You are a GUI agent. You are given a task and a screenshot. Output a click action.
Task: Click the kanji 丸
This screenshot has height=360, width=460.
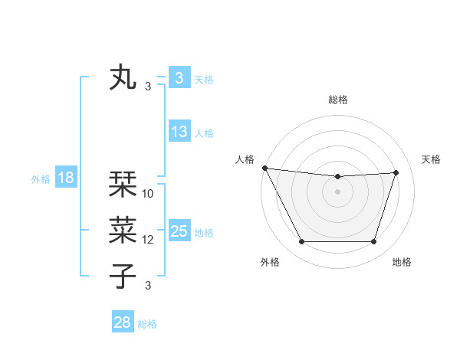click(x=123, y=78)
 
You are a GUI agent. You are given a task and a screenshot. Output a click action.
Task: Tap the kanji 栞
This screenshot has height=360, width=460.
click(x=123, y=185)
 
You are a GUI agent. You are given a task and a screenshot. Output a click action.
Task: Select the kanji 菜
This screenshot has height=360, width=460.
click(x=123, y=231)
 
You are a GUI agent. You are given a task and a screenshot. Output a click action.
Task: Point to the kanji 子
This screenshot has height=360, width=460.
click(x=123, y=277)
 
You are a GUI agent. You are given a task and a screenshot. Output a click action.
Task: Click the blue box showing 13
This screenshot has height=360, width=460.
click(x=179, y=132)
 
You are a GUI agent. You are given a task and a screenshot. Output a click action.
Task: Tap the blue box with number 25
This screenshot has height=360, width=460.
click(x=179, y=231)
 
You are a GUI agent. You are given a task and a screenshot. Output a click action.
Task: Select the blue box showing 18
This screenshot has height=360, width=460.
click(x=66, y=178)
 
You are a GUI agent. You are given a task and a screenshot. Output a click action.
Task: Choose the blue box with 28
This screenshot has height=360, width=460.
click(x=123, y=322)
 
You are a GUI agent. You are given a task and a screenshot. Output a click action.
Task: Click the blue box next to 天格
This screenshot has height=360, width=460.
click(x=179, y=78)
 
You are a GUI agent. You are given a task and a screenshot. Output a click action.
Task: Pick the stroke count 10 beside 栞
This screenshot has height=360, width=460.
click(x=148, y=194)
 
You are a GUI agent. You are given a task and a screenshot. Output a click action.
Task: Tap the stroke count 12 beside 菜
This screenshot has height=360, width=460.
click(x=148, y=240)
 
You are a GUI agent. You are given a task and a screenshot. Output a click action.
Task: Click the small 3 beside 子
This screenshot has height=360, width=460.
click(x=148, y=286)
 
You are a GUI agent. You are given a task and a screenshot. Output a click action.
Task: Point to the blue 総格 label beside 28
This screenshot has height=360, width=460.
click(x=147, y=324)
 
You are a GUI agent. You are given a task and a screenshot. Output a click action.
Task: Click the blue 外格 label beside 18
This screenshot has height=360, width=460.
click(x=41, y=179)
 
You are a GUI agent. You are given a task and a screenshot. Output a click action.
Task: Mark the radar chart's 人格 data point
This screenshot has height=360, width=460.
click(x=264, y=168)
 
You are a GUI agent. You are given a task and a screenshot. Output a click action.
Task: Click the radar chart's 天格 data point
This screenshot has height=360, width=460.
click(x=396, y=172)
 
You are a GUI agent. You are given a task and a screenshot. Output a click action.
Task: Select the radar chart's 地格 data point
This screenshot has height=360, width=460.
click(x=373, y=242)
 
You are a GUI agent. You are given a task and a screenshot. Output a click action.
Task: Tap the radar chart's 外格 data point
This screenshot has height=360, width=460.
click(x=301, y=242)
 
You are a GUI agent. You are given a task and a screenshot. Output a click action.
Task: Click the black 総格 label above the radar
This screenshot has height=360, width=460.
click(x=337, y=100)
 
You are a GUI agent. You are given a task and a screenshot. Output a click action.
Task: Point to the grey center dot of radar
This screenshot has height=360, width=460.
click(x=337, y=191)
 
